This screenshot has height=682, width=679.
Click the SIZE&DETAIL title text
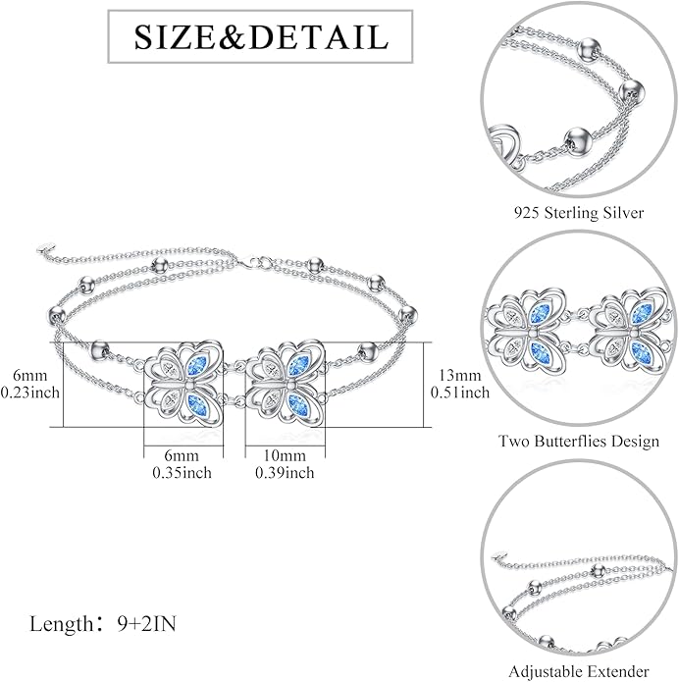pyautogui.click(x=261, y=37)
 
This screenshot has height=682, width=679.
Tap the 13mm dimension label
pyautogui.click(x=460, y=376)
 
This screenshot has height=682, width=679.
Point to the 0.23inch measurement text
pyautogui.click(x=30, y=393)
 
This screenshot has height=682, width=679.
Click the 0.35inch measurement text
pyautogui.click(x=182, y=472)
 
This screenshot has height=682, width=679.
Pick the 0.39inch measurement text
pyautogui.click(x=285, y=472)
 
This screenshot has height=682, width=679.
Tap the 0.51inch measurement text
pyautogui.click(x=460, y=393)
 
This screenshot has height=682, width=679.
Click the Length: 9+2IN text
pyautogui.click(x=103, y=624)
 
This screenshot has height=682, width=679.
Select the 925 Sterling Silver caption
pyautogui.click(x=579, y=213)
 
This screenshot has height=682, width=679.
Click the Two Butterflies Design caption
pyautogui.click(x=579, y=441)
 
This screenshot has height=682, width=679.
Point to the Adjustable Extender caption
pyautogui.click(x=579, y=671)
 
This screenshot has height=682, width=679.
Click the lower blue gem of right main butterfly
pyautogui.click(x=298, y=404)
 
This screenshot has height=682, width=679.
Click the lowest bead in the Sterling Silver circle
pyautogui.click(x=578, y=140)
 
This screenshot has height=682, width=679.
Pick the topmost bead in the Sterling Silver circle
pyautogui.click(x=590, y=49)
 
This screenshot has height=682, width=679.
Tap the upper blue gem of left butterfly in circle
pyautogui.click(x=540, y=314)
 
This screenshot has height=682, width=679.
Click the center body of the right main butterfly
pyautogui.click(x=289, y=385)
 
